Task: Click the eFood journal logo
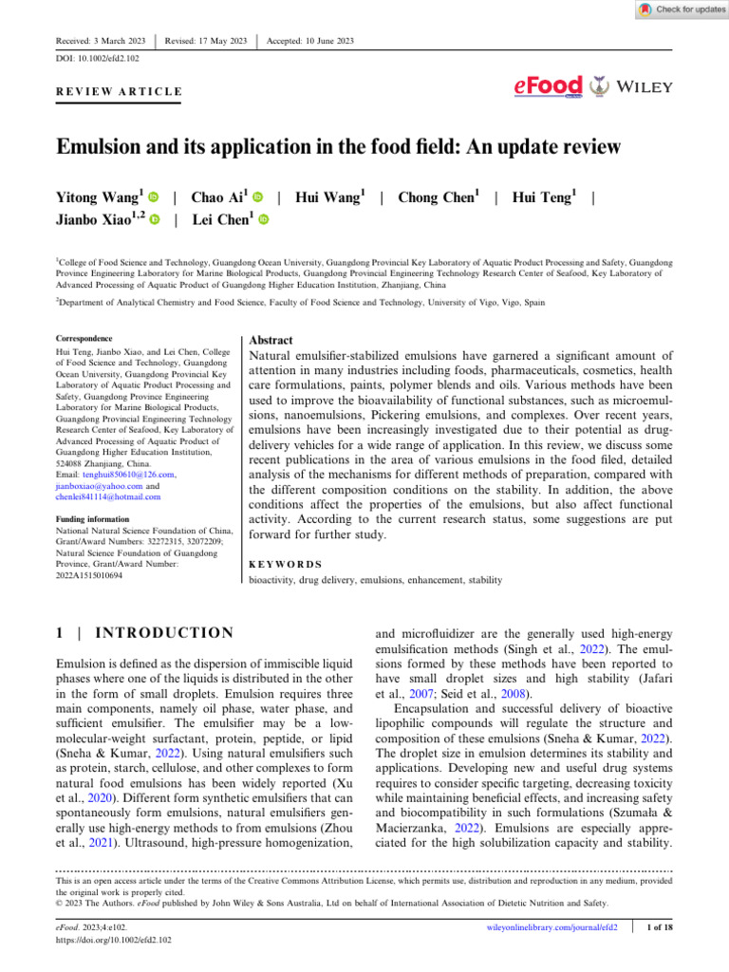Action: coord(548,87)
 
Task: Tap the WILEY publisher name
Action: coord(645,87)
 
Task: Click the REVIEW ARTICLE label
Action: coord(114,91)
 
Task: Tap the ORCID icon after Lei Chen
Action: coord(264,219)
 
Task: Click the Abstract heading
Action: coord(271,340)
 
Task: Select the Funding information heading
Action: coord(92,518)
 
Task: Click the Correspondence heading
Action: coord(84,338)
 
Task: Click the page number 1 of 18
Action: coord(659,927)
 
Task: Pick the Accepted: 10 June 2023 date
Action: coord(310,41)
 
